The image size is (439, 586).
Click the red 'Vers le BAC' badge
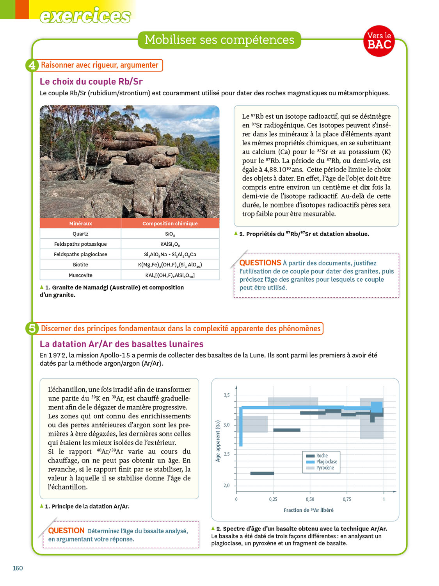[x=379, y=41]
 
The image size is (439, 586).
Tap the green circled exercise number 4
[x=32, y=65]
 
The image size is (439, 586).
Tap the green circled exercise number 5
[x=32, y=329]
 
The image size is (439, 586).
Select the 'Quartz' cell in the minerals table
[x=80, y=234]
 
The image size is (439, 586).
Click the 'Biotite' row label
[x=80, y=265]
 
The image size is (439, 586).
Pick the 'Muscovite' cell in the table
[x=80, y=275]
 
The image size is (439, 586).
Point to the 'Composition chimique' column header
[x=170, y=223]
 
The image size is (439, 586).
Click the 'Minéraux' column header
[x=80, y=223]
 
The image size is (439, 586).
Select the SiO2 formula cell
[x=170, y=234]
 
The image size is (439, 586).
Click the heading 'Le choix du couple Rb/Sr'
[x=91, y=82]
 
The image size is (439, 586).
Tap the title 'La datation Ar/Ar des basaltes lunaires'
[x=121, y=344]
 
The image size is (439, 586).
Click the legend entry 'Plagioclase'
[x=327, y=462]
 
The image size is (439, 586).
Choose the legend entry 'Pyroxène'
[x=325, y=468]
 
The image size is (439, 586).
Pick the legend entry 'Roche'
[x=322, y=456]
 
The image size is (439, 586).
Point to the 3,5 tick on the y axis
[x=227, y=395]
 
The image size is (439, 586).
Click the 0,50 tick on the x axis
[x=310, y=499]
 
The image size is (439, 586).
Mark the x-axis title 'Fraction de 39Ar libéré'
[x=308, y=510]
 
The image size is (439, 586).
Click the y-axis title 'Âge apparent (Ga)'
[x=218, y=441]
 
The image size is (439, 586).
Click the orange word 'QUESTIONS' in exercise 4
[x=260, y=263]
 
